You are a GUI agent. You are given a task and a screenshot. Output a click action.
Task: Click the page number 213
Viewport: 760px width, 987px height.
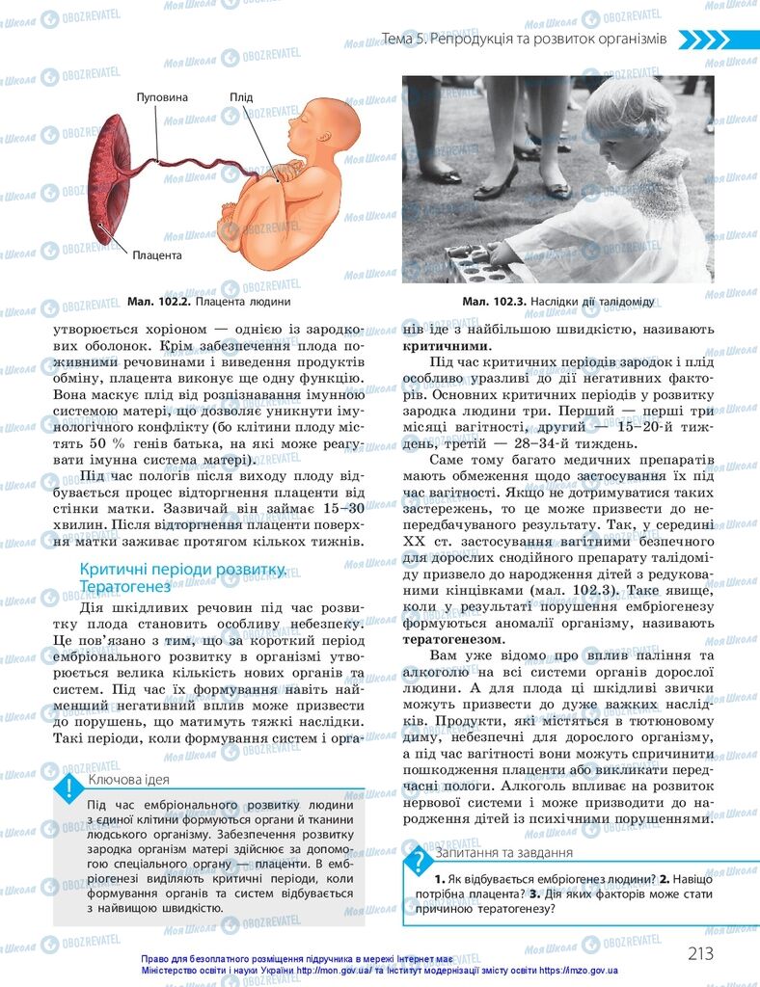pyautogui.click(x=701, y=953)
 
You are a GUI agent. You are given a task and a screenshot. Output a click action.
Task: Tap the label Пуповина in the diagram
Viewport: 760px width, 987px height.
pyautogui.click(x=161, y=98)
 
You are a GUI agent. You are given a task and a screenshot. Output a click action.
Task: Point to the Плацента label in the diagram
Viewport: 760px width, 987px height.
pyautogui.click(x=157, y=255)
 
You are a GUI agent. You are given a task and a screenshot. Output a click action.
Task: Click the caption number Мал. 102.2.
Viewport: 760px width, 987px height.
pyautogui.click(x=159, y=302)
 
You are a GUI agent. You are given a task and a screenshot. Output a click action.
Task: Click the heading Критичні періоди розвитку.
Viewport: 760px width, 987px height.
pyautogui.click(x=182, y=570)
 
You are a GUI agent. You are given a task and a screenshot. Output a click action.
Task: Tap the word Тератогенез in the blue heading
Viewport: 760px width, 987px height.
pyautogui.click(x=124, y=586)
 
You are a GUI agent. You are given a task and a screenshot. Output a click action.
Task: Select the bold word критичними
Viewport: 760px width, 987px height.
pyautogui.click(x=446, y=346)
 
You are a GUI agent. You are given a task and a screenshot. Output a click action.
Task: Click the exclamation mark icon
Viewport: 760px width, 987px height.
pyautogui.click(x=68, y=789)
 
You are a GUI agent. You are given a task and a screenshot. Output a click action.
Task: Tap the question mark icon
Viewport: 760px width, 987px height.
pyautogui.click(x=420, y=862)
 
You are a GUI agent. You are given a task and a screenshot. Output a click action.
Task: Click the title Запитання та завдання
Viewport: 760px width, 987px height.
pyautogui.click(x=504, y=852)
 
